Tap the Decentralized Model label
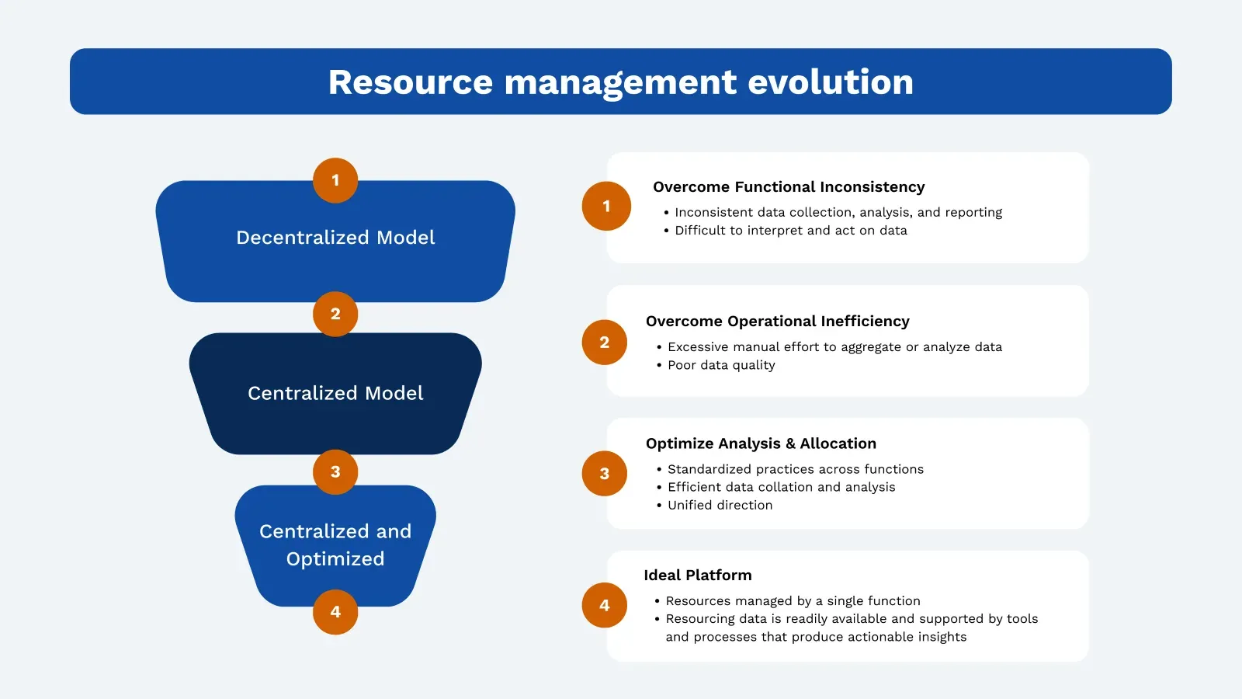[335, 238]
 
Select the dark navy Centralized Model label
[335, 394]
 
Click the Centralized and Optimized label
[335, 545]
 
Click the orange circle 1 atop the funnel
[335, 180]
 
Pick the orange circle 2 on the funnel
[335, 314]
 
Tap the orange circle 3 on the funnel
[335, 471]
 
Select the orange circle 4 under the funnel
[335, 612]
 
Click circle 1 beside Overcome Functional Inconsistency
[606, 206]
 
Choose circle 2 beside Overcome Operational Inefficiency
[605, 343]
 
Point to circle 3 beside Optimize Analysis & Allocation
[605, 474]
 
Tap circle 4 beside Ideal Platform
[605, 605]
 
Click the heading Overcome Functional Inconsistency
[789, 187]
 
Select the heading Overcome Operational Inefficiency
[777, 322]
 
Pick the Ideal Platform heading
[698, 576]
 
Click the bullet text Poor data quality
[721, 365]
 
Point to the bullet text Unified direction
[720, 505]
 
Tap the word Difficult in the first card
[700, 231]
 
